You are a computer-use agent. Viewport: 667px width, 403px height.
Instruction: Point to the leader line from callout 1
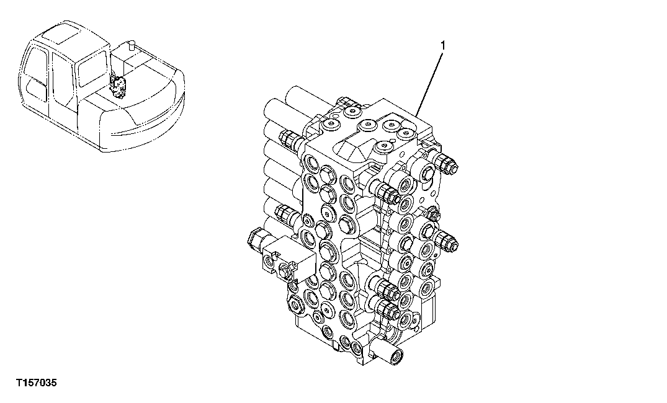[431, 81]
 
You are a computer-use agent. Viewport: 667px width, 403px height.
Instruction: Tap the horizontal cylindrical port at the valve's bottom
[392, 355]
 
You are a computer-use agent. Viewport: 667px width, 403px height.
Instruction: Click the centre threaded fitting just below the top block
[383, 190]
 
